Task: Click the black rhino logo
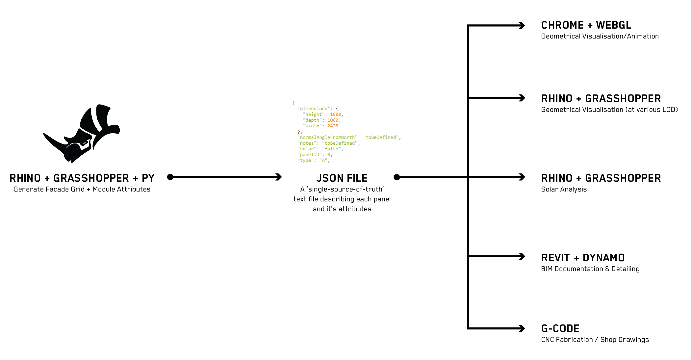click(82, 133)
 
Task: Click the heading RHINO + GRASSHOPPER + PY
click(82, 178)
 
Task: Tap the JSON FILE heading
click(342, 178)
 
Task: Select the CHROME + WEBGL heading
click(586, 25)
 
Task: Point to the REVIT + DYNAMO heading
click(583, 258)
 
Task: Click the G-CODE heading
click(560, 328)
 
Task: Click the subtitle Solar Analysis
click(564, 189)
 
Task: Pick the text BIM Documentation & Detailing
click(590, 269)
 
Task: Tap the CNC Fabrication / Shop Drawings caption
click(595, 340)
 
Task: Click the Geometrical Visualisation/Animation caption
click(600, 36)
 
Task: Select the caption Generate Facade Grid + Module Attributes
click(82, 189)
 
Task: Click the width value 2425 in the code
click(333, 126)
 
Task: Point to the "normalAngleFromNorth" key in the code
click(327, 137)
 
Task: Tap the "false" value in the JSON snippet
click(331, 149)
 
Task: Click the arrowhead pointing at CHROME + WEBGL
click(522, 25)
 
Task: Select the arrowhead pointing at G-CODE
click(522, 328)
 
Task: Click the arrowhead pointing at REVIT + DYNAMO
click(522, 256)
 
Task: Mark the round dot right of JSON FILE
click(397, 177)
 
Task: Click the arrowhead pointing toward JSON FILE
click(278, 177)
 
